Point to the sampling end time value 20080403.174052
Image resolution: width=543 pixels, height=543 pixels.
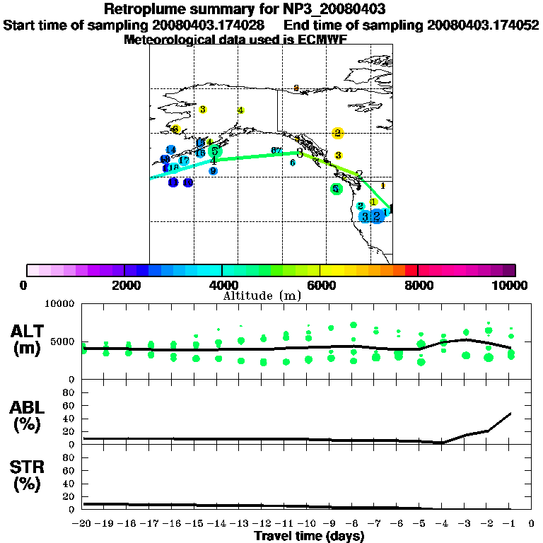(478, 25)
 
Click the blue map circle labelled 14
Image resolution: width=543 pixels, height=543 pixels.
(170, 150)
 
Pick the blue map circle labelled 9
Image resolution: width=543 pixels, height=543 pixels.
(213, 171)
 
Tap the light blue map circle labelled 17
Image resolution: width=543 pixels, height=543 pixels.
(183, 160)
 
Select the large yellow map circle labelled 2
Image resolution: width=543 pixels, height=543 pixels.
(338, 133)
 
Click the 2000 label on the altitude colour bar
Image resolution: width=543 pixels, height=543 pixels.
(124, 285)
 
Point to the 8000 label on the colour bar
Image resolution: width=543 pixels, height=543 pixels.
(418, 285)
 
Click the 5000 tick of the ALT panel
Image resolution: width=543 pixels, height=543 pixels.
(63, 341)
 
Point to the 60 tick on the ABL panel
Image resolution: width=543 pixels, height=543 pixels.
(70, 406)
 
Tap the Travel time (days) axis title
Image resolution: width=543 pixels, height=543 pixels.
(309, 536)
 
